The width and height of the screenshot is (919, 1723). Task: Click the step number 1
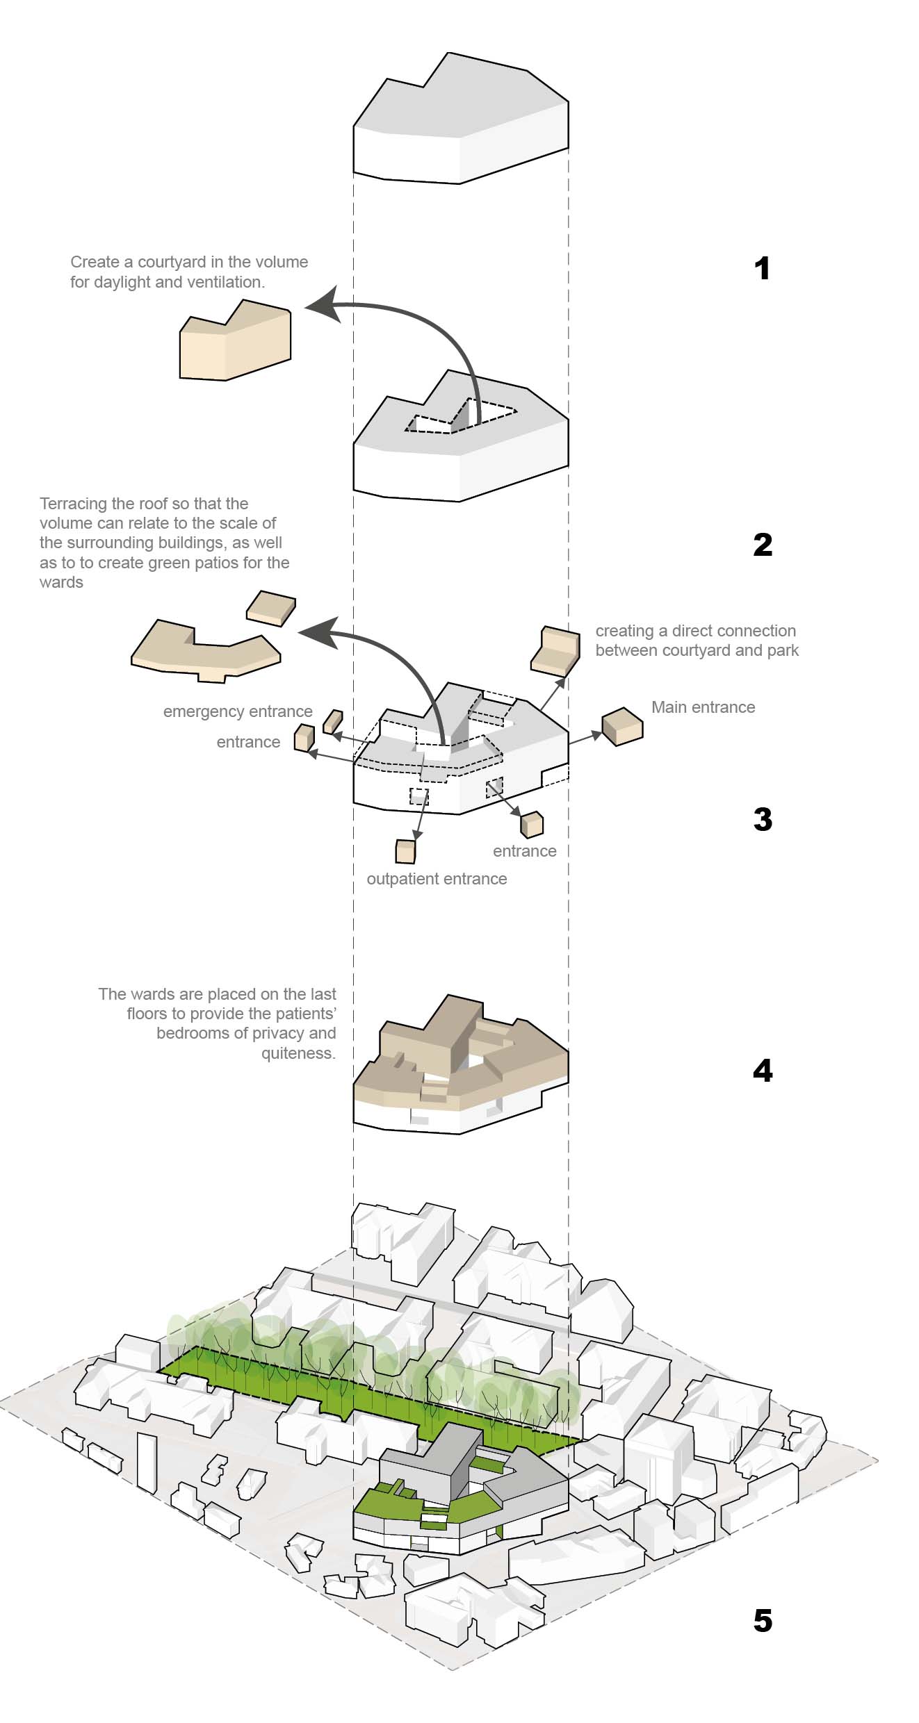click(762, 269)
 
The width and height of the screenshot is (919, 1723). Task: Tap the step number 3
click(763, 820)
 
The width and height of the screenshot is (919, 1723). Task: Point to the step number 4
click(763, 1071)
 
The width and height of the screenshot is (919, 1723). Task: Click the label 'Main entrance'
click(703, 707)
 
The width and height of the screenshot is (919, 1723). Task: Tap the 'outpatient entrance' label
click(437, 879)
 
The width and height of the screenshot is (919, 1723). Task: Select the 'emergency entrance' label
click(238, 711)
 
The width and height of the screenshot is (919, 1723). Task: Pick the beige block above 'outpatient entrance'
click(405, 851)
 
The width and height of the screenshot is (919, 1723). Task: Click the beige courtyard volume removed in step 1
click(235, 344)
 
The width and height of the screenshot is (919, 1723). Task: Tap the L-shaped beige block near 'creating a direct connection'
click(555, 650)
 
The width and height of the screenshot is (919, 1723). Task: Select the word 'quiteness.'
click(298, 1053)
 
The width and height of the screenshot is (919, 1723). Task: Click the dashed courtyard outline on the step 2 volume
click(462, 417)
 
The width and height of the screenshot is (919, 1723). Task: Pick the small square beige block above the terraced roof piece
click(270, 608)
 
